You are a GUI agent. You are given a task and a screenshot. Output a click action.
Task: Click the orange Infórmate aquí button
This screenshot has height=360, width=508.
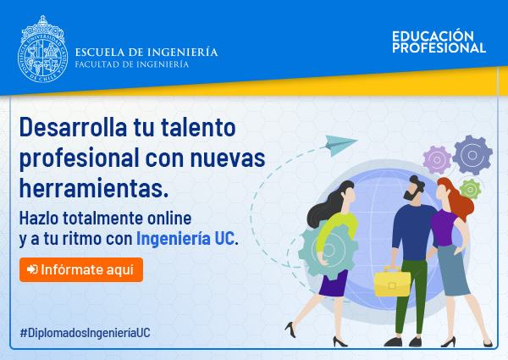pos(81,269)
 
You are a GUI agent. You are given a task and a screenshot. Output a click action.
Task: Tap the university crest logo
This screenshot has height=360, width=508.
pos(43,49)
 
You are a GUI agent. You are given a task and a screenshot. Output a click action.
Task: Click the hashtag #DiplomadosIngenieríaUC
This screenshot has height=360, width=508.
pos(86,333)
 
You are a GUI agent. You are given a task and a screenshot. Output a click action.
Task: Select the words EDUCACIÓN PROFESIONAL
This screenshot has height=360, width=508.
pos(439,42)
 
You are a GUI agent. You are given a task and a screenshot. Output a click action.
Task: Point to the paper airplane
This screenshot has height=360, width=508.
pos(340,145)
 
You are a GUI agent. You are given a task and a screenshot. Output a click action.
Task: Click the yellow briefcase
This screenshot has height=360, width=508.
pos(392,281)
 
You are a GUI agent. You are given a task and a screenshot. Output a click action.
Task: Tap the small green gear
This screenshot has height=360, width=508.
pos(470,189)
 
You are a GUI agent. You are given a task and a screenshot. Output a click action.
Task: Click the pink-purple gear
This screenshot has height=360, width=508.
pos(437,160)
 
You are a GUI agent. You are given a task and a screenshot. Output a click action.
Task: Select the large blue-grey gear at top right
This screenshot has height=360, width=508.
pos(472,155)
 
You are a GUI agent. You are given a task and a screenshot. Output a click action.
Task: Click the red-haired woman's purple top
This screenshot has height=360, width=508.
pos(444,227)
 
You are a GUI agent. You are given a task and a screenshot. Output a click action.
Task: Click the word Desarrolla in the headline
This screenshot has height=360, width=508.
pos(73,127)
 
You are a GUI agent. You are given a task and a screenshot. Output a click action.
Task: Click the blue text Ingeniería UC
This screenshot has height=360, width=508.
pos(185,239)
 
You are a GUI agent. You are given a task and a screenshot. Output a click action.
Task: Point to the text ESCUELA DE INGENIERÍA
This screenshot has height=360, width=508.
pos(146,53)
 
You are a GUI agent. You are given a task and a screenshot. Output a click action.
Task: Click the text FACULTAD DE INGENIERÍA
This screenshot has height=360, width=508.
pos(132,64)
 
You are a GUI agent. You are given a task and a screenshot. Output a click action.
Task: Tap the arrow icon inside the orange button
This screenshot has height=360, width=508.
pos(32,269)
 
